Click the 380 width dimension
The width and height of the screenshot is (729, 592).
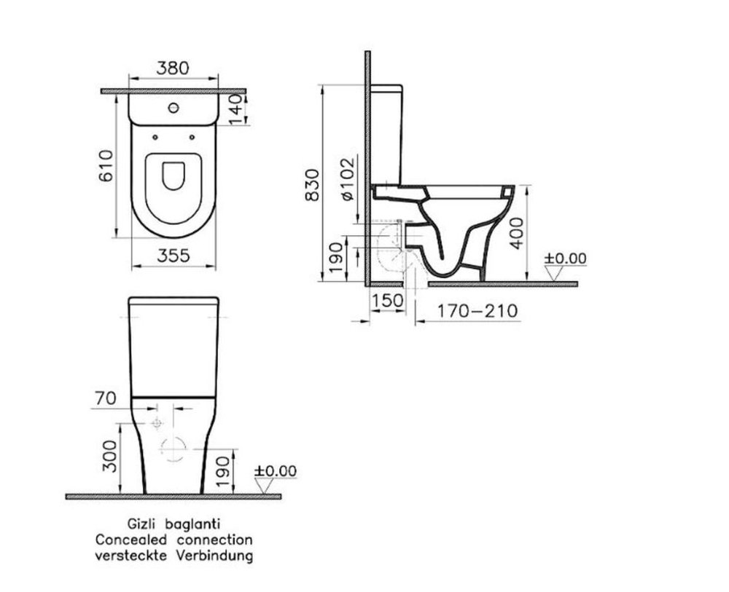click(x=173, y=68)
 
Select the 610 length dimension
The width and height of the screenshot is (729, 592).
click(x=106, y=166)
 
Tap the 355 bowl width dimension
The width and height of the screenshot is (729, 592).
click(x=174, y=256)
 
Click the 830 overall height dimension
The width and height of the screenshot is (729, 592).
click(x=312, y=185)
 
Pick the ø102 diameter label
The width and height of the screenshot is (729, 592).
click(x=348, y=179)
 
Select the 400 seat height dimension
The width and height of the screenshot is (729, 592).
click(x=516, y=233)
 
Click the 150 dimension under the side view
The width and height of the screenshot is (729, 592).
click(x=388, y=301)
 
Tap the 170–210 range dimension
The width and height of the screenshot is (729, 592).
click(x=477, y=311)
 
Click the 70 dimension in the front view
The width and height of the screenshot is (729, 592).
click(x=106, y=398)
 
